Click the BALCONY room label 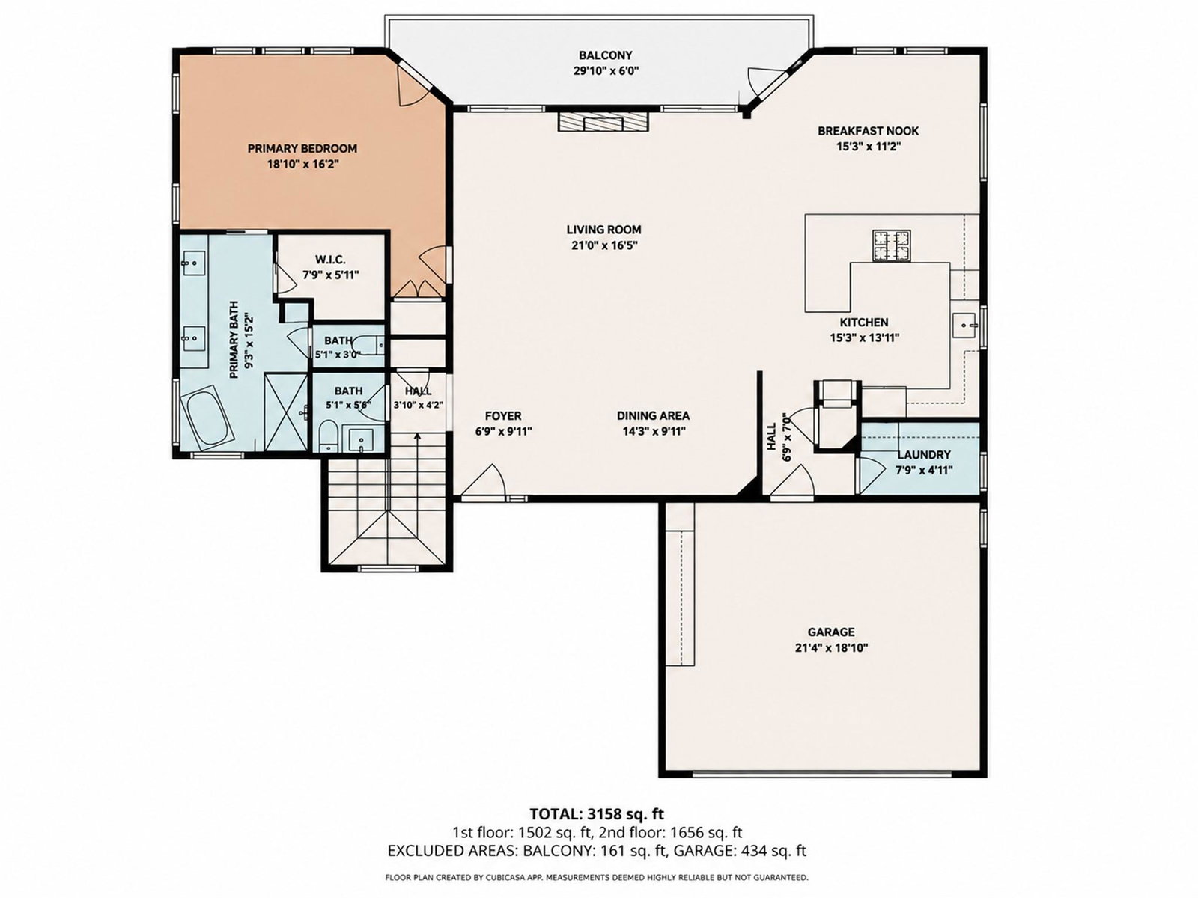tap(605, 55)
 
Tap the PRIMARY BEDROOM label tap(302, 148)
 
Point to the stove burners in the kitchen tap(891, 245)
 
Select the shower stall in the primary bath tap(286, 412)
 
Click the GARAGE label tap(831, 632)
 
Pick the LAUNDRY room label tap(924, 455)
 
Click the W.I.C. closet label tap(331, 260)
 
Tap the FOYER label tap(503, 416)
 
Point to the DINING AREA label tap(654, 415)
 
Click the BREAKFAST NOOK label tap(869, 131)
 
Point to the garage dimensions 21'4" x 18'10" tap(831, 648)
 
